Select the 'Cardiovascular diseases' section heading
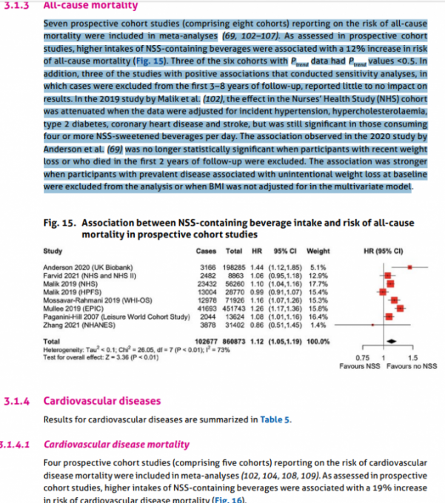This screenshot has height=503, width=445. point(101,401)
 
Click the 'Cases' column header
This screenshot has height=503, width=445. point(210,250)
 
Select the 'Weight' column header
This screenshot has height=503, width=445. point(318,250)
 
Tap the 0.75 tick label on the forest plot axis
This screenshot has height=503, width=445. point(361,358)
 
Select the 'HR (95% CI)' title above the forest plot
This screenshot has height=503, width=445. point(384,250)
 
